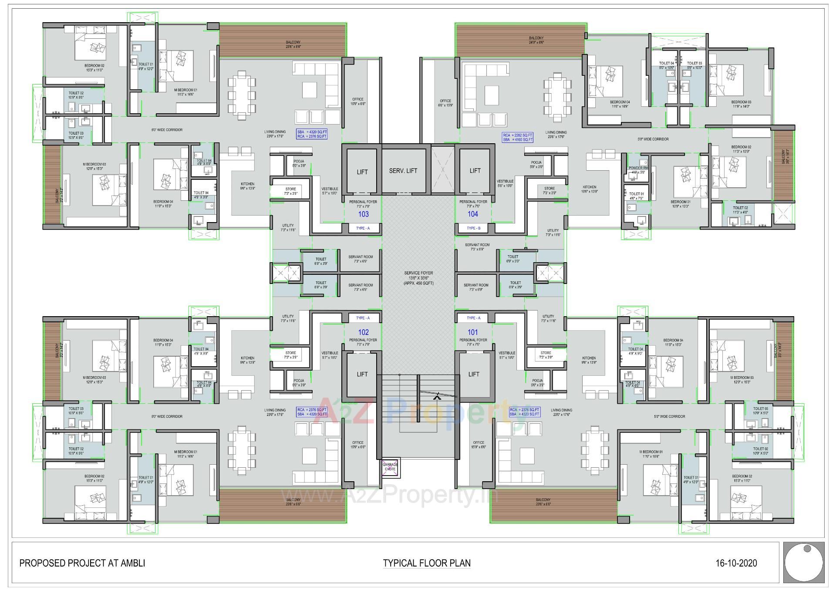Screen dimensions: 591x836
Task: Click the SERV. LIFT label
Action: [403, 171]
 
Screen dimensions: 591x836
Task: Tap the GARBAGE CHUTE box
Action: [390, 467]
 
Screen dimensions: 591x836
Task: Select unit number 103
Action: [363, 214]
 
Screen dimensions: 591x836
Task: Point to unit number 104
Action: [473, 214]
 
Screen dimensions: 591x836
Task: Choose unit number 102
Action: [363, 332]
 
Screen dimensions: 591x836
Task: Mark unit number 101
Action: [473, 332]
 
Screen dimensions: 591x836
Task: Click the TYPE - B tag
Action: [473, 228]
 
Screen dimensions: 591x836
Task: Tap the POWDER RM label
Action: [638, 168]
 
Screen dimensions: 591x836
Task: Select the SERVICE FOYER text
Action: [418, 273]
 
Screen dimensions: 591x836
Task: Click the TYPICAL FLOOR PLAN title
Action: [427, 563]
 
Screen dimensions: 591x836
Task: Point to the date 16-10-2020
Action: [736, 563]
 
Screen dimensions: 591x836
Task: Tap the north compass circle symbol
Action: [803, 562]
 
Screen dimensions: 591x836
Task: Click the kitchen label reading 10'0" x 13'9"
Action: [590, 189]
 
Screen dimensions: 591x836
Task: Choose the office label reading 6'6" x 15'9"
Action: [445, 103]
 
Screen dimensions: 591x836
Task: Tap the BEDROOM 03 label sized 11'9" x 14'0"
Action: [741, 104]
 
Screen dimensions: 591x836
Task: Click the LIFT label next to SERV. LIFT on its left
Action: [362, 172]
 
